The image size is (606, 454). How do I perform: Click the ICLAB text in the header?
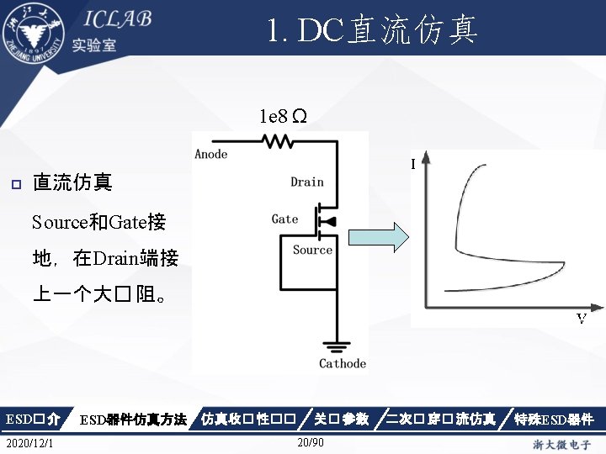click(117, 20)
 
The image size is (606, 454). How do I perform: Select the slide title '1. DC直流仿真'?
click(373, 31)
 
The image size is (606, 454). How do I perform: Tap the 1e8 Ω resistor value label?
click(282, 115)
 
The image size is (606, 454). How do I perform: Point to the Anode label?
click(211, 154)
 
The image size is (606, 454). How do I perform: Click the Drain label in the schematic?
click(307, 182)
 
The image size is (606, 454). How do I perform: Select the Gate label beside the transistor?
click(284, 219)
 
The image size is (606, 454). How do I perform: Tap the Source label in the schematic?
click(312, 250)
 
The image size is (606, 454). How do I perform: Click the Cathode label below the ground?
click(343, 363)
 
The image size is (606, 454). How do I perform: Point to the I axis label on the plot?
click(413, 164)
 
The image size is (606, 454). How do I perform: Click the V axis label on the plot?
click(581, 319)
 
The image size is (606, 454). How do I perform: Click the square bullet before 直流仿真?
click(13, 182)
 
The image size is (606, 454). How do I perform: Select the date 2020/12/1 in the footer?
click(27, 443)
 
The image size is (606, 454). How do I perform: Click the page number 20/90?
click(311, 443)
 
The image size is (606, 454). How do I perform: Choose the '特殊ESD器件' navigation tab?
click(555, 419)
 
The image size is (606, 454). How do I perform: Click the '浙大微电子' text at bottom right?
click(562, 443)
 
